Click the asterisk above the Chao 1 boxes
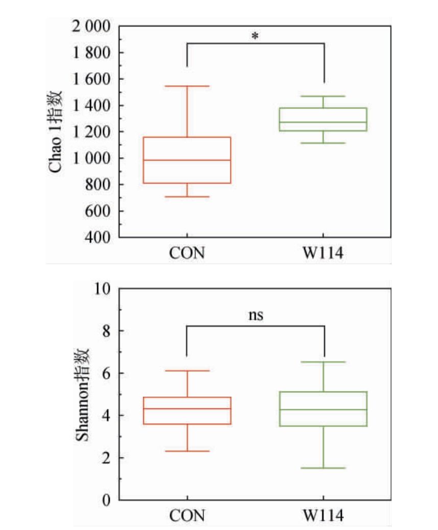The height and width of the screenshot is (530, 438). tap(255, 37)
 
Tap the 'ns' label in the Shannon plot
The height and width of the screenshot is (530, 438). tap(256, 315)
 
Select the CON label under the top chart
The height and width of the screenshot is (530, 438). tap(187, 254)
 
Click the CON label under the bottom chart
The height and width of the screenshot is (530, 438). tap(187, 516)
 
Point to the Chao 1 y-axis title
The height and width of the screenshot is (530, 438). tap(57, 131)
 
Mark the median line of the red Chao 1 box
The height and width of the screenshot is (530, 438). tap(187, 160)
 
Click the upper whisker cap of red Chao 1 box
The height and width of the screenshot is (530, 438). tap(187, 86)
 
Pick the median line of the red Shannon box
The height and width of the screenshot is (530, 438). tap(187, 408)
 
